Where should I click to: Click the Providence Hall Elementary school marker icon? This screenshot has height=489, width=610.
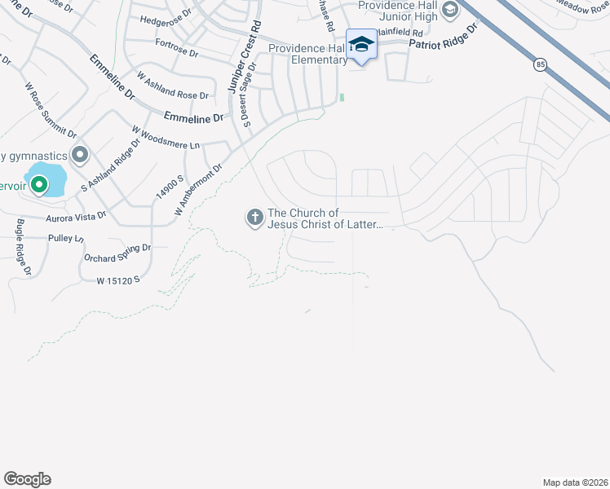(360, 45)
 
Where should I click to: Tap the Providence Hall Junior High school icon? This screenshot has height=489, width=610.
(448, 11)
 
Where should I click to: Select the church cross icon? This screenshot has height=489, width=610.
(254, 217)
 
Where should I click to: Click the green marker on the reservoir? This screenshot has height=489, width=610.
(38, 186)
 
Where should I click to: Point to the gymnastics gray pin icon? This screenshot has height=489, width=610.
(80, 154)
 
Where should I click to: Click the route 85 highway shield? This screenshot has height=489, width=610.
(540, 64)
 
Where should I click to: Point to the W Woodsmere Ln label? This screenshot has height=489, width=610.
(166, 138)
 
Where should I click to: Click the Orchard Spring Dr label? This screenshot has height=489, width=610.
(117, 253)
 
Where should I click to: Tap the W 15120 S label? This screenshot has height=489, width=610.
(119, 280)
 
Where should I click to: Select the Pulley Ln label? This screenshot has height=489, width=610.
(67, 238)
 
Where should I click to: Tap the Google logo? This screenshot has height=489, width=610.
(27, 479)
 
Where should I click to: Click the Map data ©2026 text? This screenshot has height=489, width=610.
(575, 482)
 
